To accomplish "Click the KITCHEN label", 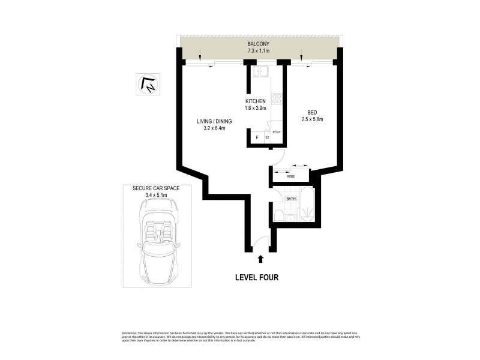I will pos(256,101).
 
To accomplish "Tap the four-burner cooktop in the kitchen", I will pos(277,98).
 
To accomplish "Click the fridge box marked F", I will pos(257,137).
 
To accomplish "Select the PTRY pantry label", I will pos(277,132).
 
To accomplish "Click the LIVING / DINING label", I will pos(214,122).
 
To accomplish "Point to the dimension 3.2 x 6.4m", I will pos(214,129).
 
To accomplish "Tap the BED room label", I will pos(312,112).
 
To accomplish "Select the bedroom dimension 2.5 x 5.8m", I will pos(312,119).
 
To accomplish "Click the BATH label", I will pos(291,198).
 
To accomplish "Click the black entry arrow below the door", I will pos(260,259).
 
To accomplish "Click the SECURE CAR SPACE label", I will pos(156,188).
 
